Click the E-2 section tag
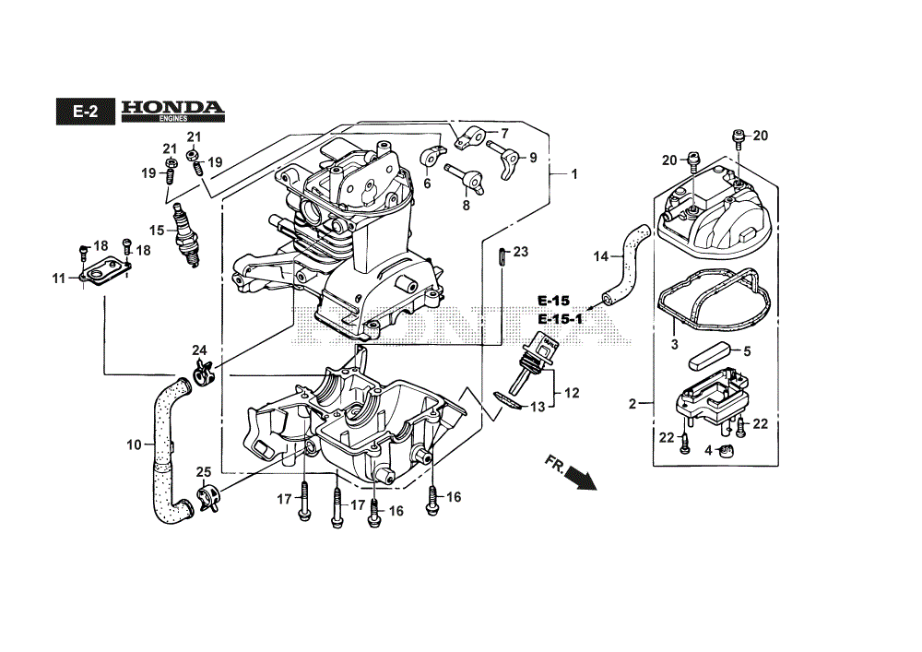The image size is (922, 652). point(85,111)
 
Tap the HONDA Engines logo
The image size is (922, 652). point(173,111)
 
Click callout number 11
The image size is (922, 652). point(59,279)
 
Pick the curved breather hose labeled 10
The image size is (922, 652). point(168,452)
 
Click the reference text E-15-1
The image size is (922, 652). point(561,319)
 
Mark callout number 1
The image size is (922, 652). point(574,174)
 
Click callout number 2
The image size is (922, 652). point(632,404)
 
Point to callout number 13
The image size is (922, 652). point(538,406)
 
